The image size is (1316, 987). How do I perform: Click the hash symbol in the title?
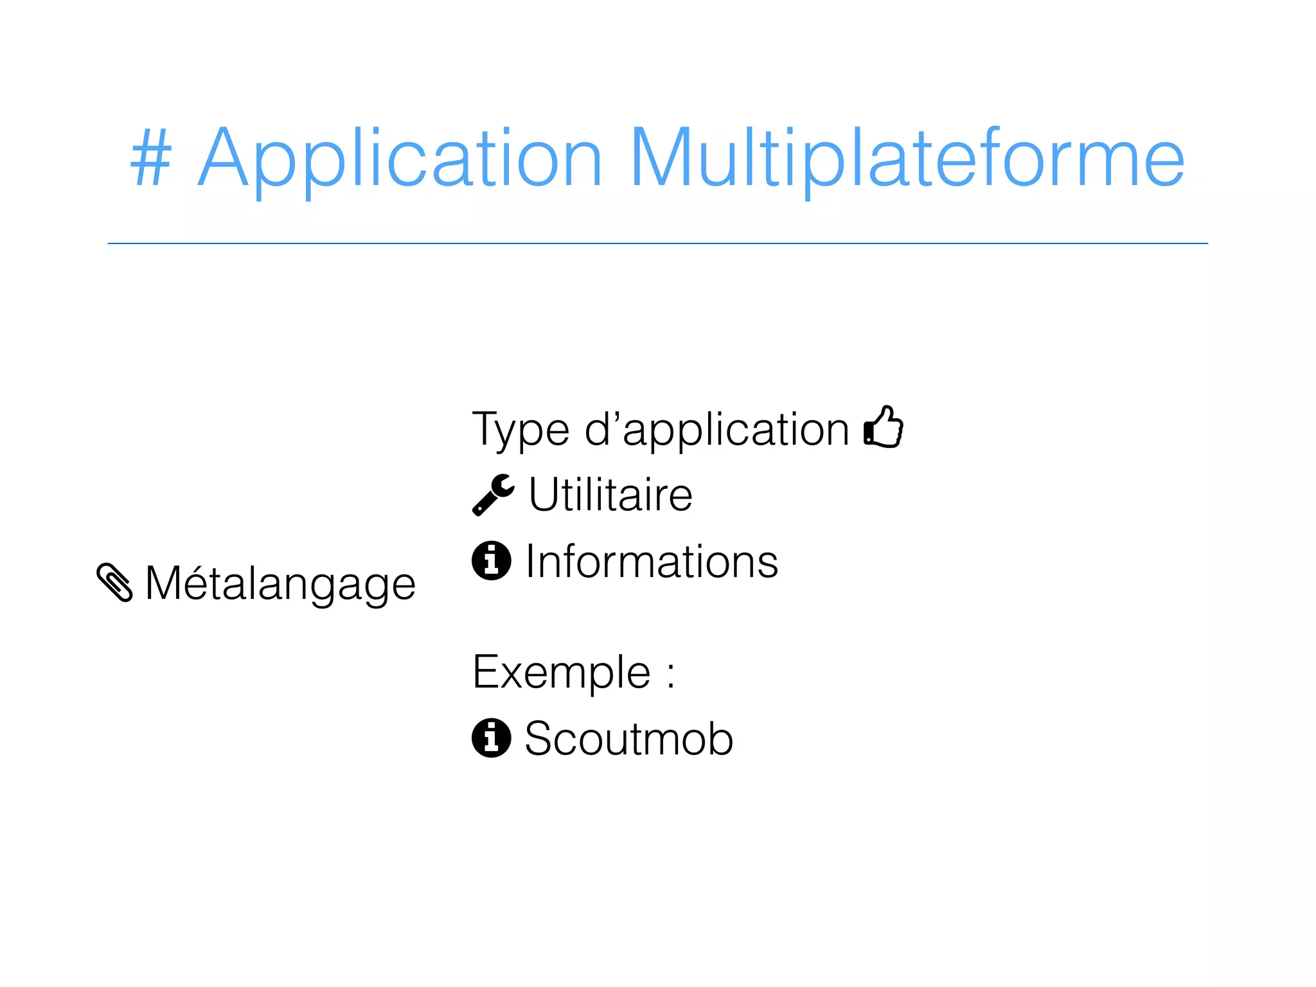pos(152,158)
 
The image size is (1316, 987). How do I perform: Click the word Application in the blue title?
pos(400,158)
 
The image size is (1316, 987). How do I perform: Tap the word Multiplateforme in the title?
pos(907,158)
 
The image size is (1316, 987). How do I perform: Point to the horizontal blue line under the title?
pos(657,244)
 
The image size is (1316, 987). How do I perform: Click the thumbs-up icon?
pos(884,427)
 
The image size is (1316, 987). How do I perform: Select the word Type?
pos(521,429)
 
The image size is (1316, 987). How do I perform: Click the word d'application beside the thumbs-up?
pos(716,429)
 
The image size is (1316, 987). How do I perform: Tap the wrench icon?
pos(493,495)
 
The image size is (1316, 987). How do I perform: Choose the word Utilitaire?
pos(610,495)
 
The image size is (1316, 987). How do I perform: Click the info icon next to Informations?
pos(492,560)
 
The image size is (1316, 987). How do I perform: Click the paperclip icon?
pos(114,582)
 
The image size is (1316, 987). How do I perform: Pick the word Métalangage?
pos(281,583)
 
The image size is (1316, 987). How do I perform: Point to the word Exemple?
pos(562,672)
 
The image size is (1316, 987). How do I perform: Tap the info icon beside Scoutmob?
pos(492,738)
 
